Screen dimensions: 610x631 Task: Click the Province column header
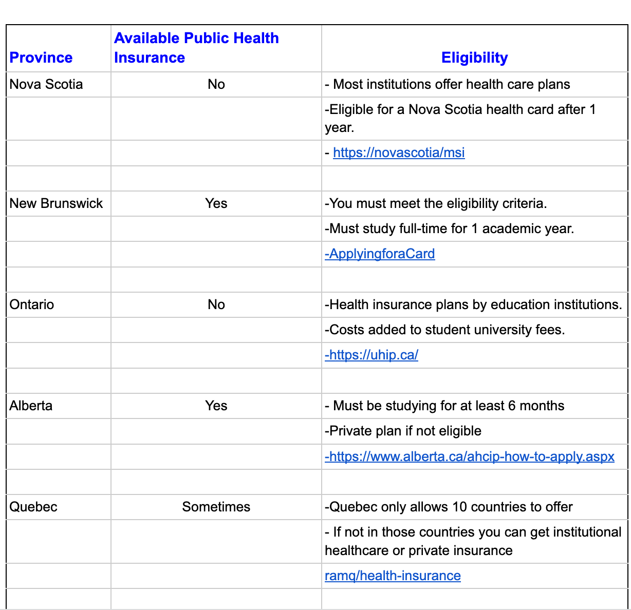pyautogui.click(x=41, y=58)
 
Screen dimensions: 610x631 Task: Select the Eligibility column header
pyautogui.click(x=474, y=58)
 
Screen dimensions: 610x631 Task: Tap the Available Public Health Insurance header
pyautogui.click(x=196, y=48)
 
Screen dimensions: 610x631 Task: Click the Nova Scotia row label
pyautogui.click(x=46, y=84)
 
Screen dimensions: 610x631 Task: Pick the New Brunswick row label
pyautogui.click(x=56, y=203)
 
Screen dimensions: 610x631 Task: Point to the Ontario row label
pyautogui.click(x=32, y=304)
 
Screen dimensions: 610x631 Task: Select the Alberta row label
pyautogui.click(x=31, y=406)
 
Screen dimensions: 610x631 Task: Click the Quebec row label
pyautogui.click(x=33, y=507)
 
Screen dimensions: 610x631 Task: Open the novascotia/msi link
pyautogui.click(x=399, y=153)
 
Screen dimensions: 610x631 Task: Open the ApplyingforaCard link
pyautogui.click(x=380, y=254)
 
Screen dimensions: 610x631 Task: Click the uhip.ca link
pyautogui.click(x=372, y=355)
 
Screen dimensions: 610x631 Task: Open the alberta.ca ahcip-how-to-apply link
pyautogui.click(x=470, y=456)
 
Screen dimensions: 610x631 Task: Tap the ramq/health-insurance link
pyautogui.click(x=393, y=576)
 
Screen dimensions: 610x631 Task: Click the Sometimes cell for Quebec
pyautogui.click(x=216, y=507)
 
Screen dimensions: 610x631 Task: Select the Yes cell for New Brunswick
pyautogui.click(x=216, y=203)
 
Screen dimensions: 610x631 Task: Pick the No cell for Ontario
pyautogui.click(x=216, y=304)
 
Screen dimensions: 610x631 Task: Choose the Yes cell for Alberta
pyautogui.click(x=216, y=406)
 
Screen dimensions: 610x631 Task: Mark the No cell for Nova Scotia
pyautogui.click(x=216, y=84)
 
